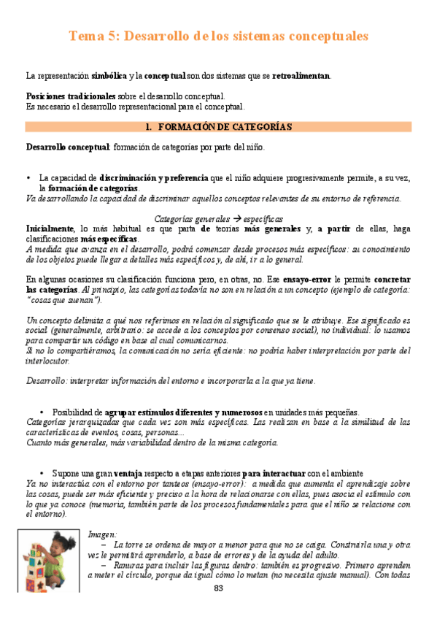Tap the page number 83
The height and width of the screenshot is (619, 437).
pos(218,588)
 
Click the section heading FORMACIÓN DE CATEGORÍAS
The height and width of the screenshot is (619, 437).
pos(225,126)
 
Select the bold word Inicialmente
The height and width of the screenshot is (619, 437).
pos(50,228)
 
